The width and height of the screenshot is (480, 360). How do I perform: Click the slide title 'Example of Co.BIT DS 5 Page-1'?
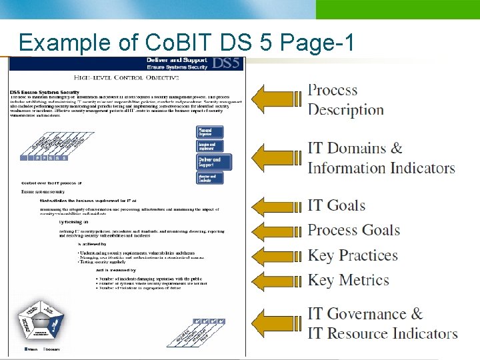[186, 42]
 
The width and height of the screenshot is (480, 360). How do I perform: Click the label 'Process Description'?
[345, 100]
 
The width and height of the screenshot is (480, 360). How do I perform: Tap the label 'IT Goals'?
[337, 205]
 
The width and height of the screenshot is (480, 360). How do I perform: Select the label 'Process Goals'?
[353, 231]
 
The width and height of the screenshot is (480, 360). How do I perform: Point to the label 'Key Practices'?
[353, 255]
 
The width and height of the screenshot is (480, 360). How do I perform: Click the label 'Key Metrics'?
[348, 280]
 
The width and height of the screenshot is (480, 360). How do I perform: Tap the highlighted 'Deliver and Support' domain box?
[209, 162]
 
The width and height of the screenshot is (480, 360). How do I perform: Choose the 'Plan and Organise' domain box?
[209, 132]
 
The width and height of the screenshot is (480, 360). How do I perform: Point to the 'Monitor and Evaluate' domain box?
[209, 178]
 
